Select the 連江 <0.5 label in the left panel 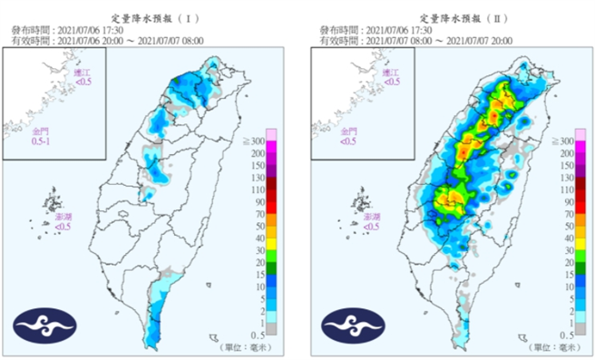click(83, 77)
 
